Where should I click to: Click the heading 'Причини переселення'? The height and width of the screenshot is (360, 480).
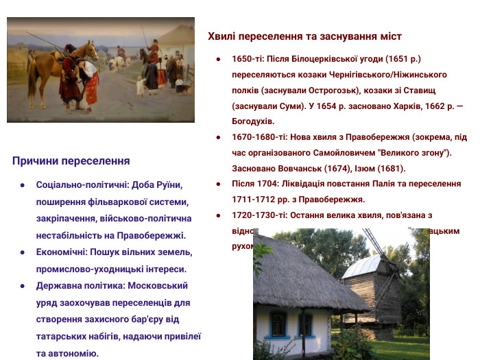coord(71,161)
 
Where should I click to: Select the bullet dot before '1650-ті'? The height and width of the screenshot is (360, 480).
coord(218,59)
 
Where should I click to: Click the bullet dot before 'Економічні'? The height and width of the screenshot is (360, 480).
coord(23,252)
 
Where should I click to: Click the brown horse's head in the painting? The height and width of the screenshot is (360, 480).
coord(91,51)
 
